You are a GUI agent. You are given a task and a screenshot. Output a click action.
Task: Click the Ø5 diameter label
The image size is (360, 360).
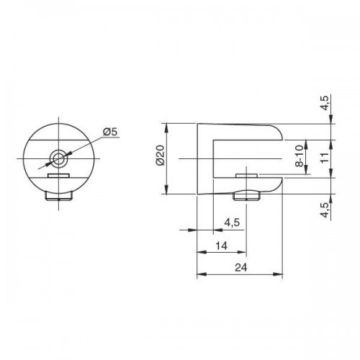coord(111,132)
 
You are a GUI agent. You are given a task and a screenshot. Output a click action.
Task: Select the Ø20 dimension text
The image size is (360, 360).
coord(161,156)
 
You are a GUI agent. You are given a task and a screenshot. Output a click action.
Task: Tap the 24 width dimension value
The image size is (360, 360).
coord(240,267)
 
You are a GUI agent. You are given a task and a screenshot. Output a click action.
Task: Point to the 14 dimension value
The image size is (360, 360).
coord(221,246)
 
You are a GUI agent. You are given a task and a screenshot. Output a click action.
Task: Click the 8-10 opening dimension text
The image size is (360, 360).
coord(300,156)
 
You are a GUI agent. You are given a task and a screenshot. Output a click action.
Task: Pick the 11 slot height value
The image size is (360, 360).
coord(325,158)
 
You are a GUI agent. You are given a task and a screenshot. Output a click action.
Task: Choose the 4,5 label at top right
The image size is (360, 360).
coord(325,103)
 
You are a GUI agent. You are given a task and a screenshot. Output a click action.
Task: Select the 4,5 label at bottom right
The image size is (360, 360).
coord(325,210)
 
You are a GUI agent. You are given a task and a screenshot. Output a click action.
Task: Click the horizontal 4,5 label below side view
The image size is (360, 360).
coord(232,222)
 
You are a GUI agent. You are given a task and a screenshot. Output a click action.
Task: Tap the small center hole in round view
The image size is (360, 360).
coord(58,158)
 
